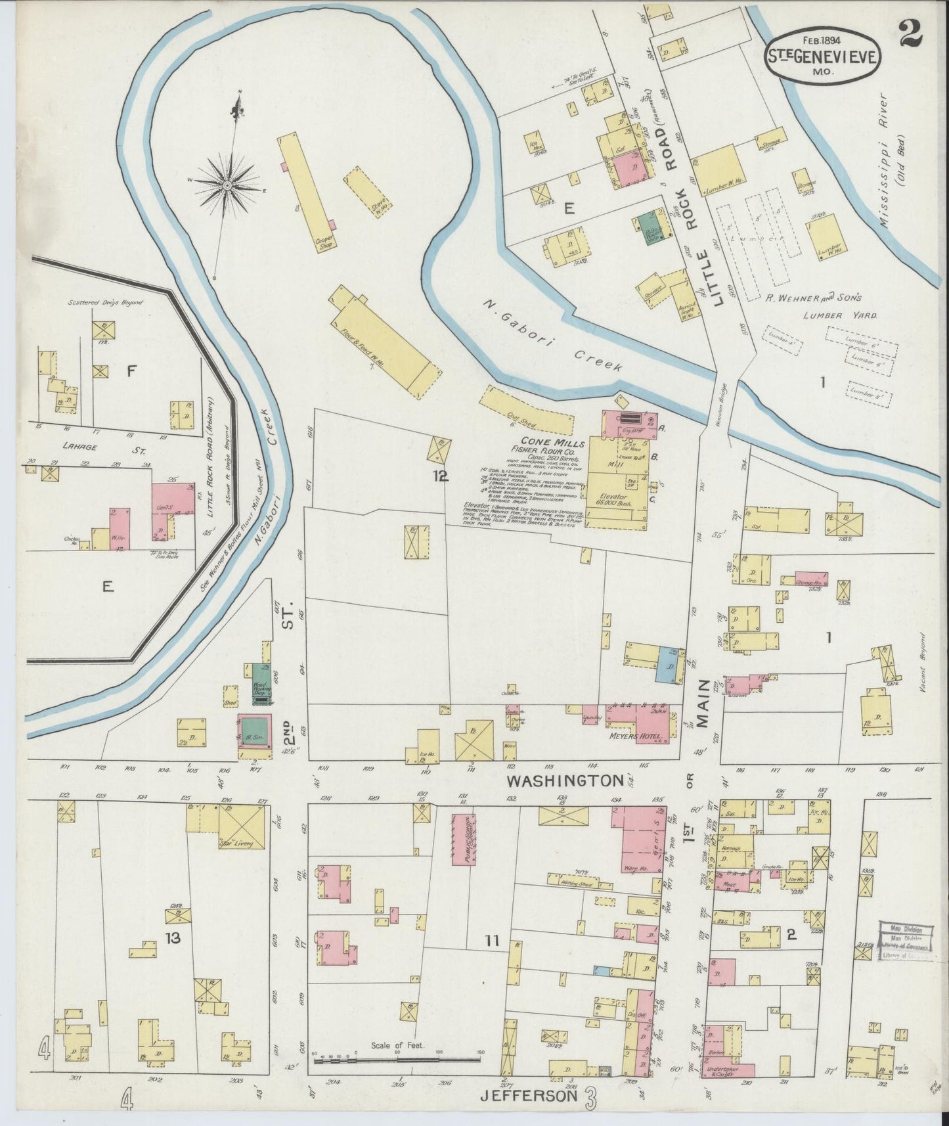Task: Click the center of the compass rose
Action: point(227,187)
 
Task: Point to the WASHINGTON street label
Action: point(565,780)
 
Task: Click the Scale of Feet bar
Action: point(397,1060)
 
